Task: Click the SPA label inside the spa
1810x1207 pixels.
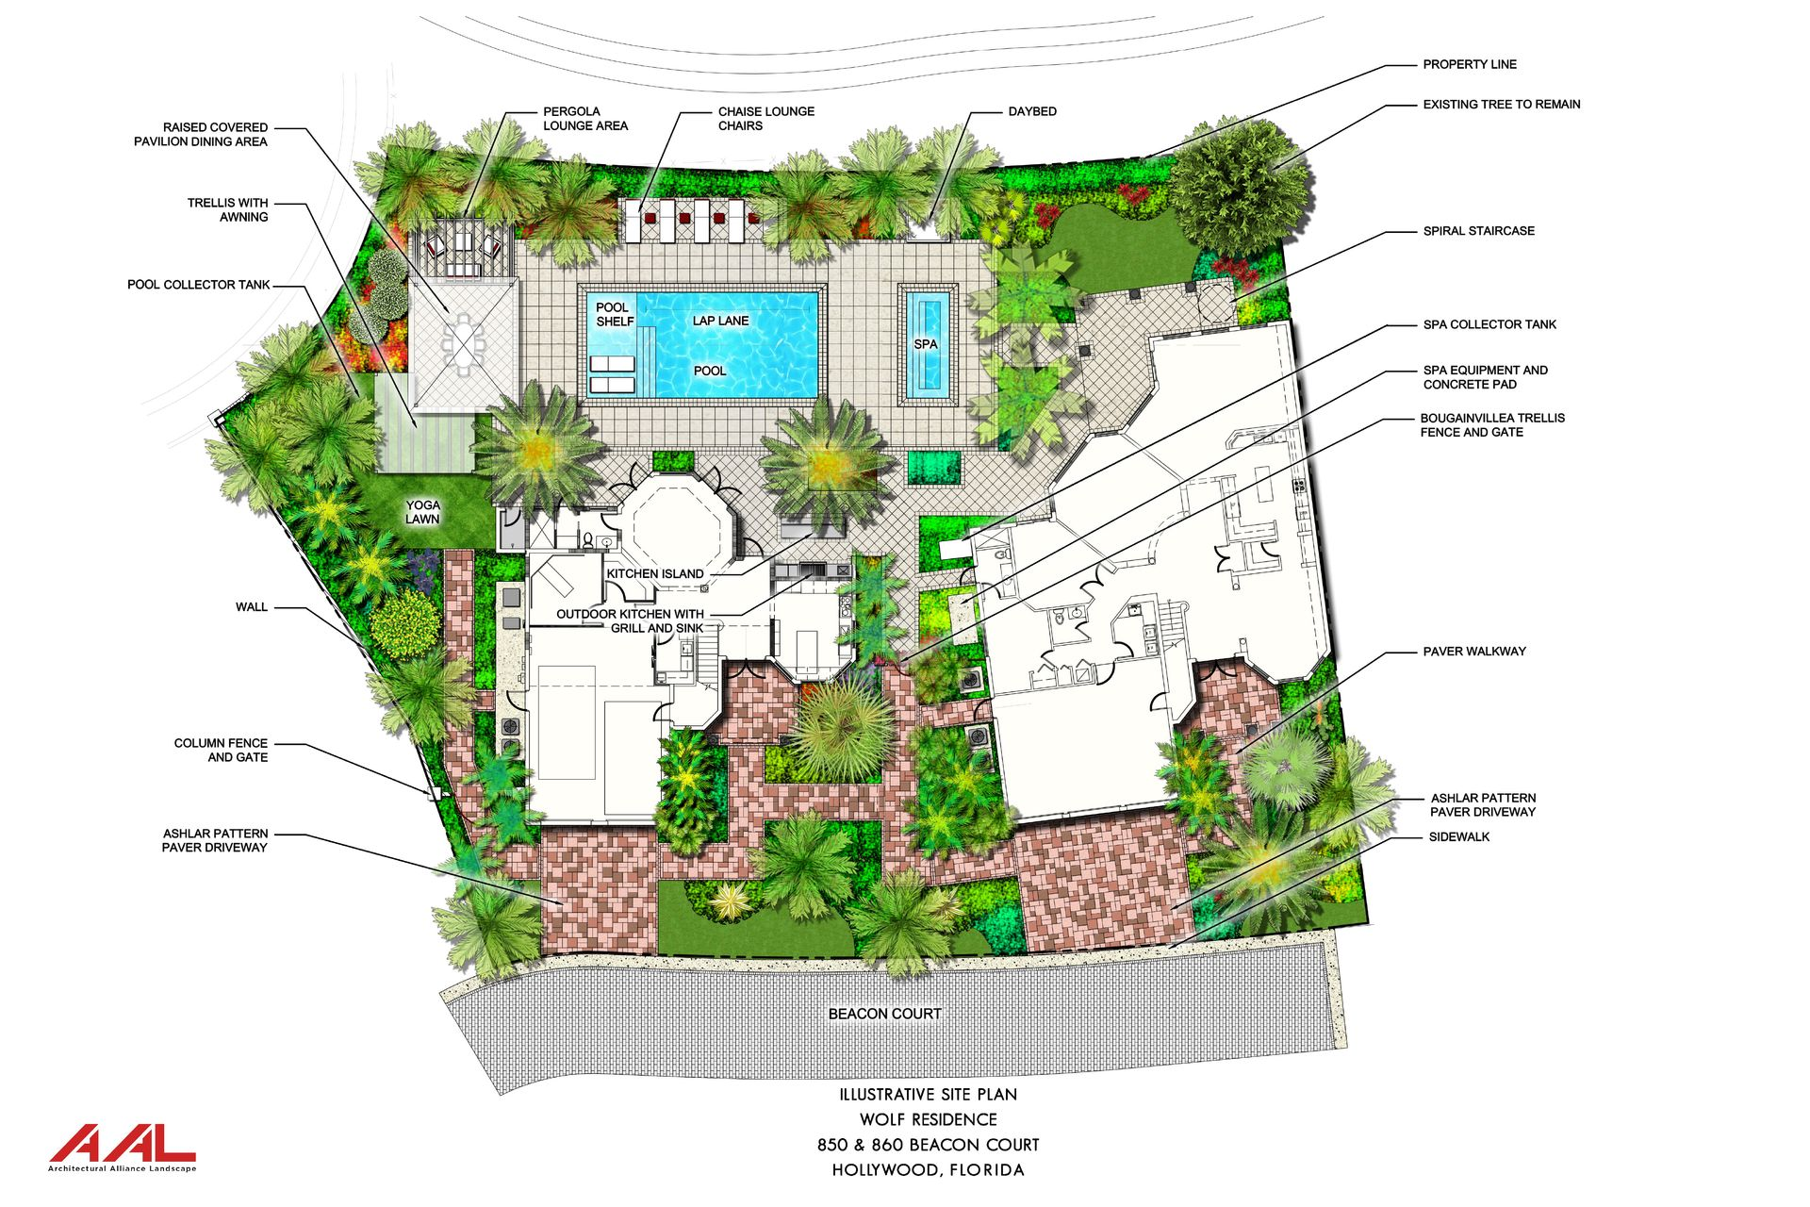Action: pyautogui.click(x=926, y=344)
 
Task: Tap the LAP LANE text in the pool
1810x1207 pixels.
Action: pyautogui.click(x=721, y=321)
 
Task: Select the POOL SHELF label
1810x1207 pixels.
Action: pyautogui.click(x=614, y=314)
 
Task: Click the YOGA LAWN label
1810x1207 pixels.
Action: pyautogui.click(x=423, y=512)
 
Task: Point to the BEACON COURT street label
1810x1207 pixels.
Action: pyautogui.click(x=884, y=1014)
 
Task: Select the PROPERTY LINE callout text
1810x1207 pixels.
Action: pyautogui.click(x=1470, y=64)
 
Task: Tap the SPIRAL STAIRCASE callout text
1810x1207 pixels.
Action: pyautogui.click(x=1479, y=230)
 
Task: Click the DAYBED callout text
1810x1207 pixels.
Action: pyautogui.click(x=1032, y=111)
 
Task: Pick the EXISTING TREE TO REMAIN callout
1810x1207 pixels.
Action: pyautogui.click(x=1502, y=104)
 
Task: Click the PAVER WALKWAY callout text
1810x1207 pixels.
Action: pyautogui.click(x=1474, y=651)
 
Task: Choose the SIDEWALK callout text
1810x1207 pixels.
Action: pyautogui.click(x=1459, y=836)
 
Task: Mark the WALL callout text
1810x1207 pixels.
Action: pyautogui.click(x=252, y=606)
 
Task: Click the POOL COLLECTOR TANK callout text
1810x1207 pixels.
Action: pyautogui.click(x=199, y=284)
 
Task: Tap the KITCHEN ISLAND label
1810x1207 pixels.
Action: pyautogui.click(x=655, y=573)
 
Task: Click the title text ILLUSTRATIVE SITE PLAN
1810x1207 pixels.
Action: pyautogui.click(x=929, y=1095)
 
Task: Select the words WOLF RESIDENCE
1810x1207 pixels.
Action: pyautogui.click(x=929, y=1119)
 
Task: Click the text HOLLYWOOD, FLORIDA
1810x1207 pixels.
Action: pyautogui.click(x=929, y=1170)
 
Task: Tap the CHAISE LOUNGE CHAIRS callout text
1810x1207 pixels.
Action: pyautogui.click(x=765, y=118)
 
